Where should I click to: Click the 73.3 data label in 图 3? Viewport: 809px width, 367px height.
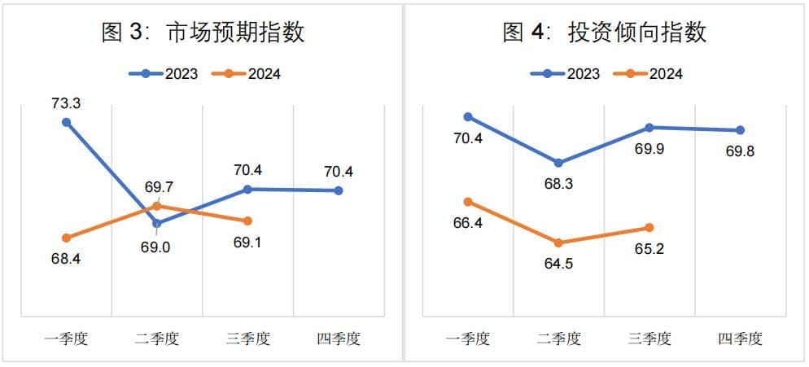point(66,104)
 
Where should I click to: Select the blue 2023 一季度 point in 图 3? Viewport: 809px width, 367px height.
point(66,123)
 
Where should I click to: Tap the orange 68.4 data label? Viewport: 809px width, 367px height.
point(66,259)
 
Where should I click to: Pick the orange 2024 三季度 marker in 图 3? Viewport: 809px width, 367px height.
point(248,221)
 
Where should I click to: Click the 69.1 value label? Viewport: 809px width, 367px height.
point(248,242)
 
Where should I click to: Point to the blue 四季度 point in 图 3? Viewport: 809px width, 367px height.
point(339,190)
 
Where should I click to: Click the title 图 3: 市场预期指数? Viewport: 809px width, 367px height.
point(203,33)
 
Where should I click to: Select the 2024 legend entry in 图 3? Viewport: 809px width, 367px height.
point(247,74)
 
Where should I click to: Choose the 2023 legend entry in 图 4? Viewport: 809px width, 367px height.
point(566,74)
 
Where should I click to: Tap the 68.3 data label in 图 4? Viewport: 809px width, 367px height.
point(558,184)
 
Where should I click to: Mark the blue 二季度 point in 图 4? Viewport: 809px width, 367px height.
point(558,164)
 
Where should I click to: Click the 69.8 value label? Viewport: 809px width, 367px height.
point(740,151)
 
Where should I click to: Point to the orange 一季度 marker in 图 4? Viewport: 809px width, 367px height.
point(467,202)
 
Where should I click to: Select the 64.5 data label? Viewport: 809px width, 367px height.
point(558,264)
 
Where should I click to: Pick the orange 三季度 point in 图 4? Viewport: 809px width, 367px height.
point(649,228)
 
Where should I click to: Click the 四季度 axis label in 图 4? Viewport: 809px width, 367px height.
point(740,339)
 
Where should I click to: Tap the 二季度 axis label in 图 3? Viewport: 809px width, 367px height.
point(157,339)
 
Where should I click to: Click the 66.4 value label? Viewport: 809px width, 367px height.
point(467,223)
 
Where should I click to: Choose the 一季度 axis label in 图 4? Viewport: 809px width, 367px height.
point(467,339)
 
